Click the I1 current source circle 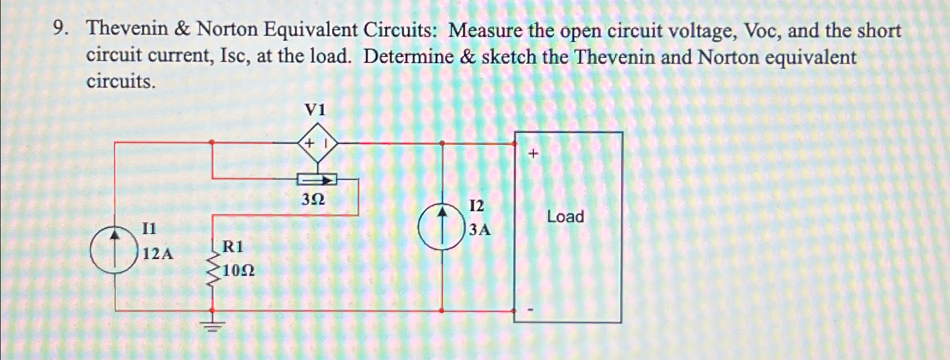pos(115,251)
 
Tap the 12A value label pos(158,254)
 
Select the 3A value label pos(480,230)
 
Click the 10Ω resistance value pos(239,271)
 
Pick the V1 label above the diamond pos(315,110)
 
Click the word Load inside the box pos(565,217)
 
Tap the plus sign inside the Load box pos(533,153)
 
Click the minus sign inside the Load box pos(531,310)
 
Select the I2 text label pos(476,206)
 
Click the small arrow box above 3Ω pos(317,180)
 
